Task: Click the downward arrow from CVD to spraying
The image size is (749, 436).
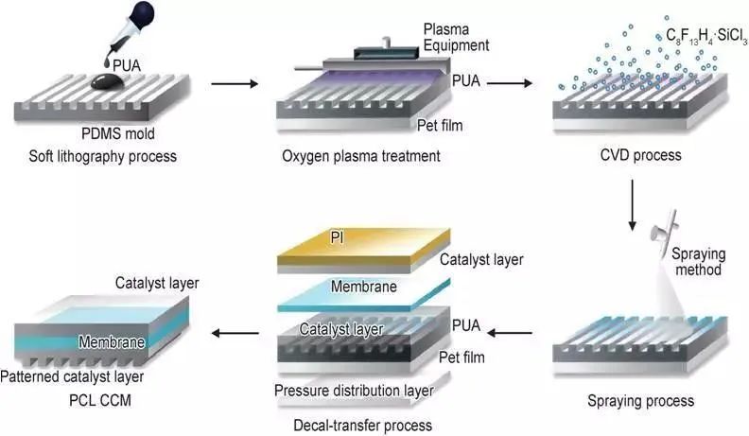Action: click(x=632, y=205)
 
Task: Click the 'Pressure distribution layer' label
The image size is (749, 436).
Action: click(x=353, y=391)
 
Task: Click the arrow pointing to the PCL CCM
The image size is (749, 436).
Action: click(x=235, y=332)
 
